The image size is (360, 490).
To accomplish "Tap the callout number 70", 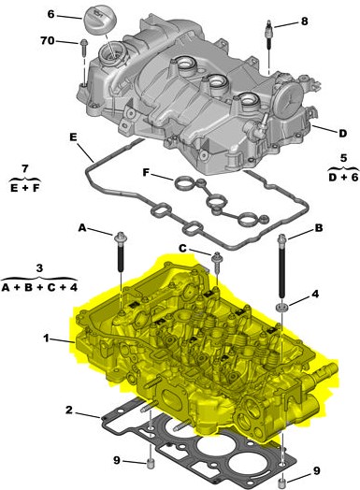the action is point(48,40).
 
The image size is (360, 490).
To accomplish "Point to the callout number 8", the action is point(304,22).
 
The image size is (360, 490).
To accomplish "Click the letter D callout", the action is point(343,134).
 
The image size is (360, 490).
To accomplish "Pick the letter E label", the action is point(73,137).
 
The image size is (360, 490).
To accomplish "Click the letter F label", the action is point(146,172).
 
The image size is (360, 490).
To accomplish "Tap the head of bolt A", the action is point(121,238).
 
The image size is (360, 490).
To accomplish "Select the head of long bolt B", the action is point(281,239).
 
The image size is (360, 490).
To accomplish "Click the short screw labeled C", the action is point(216,262).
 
